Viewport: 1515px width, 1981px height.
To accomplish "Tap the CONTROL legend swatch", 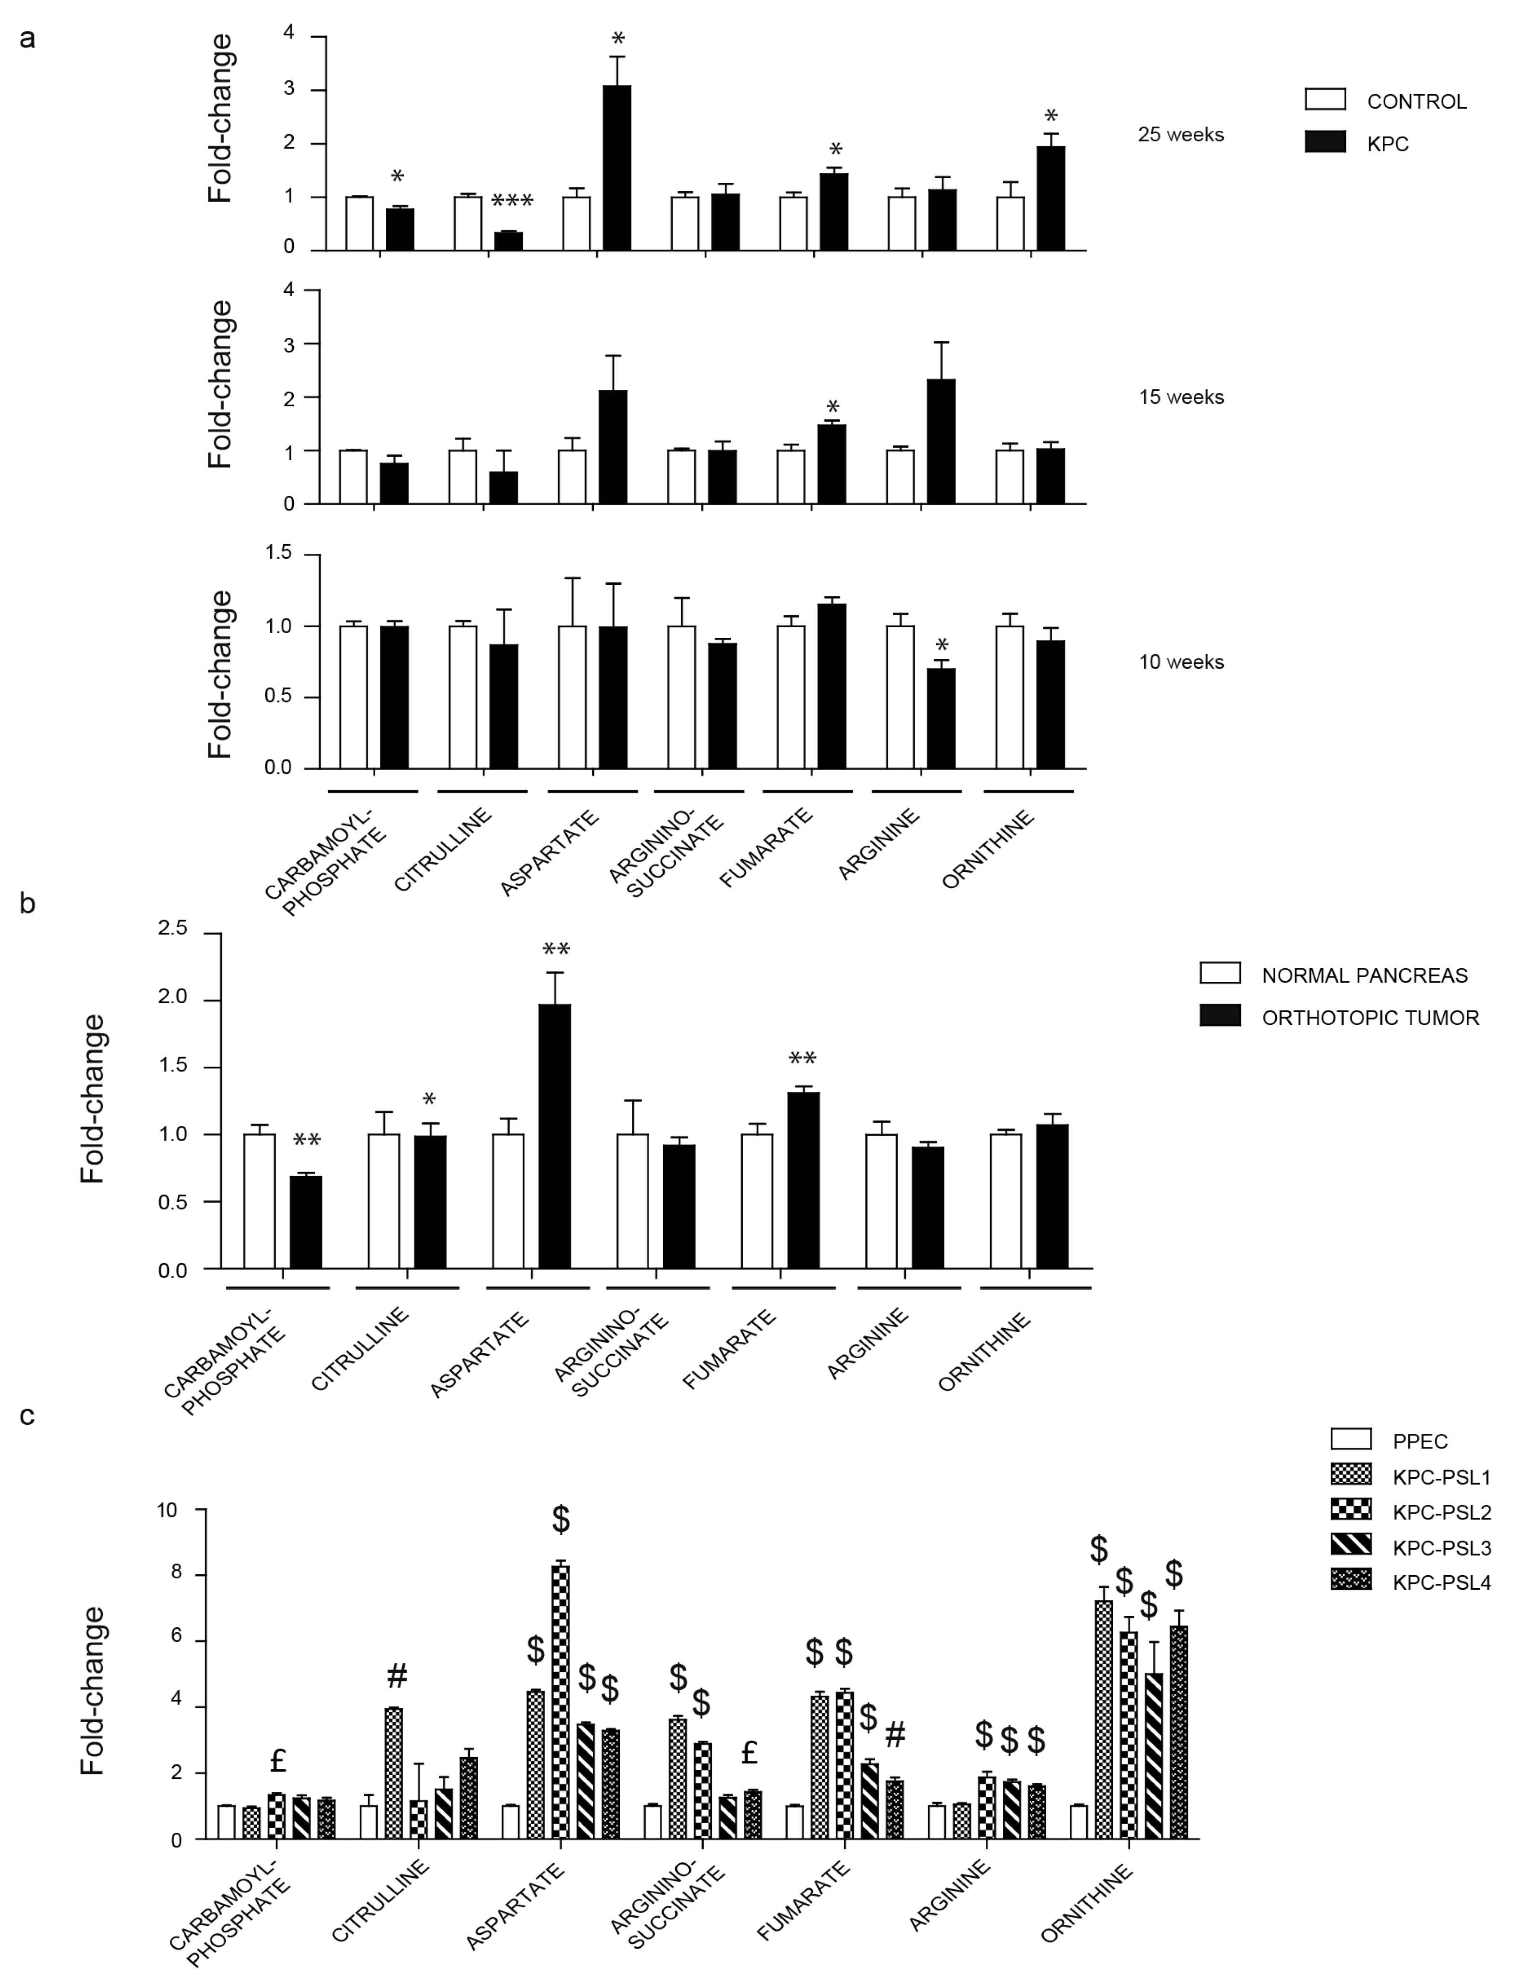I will click(1325, 99).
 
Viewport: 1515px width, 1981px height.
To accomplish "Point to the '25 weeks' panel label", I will click(1180, 135).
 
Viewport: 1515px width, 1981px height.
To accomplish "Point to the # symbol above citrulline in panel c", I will click(397, 1676).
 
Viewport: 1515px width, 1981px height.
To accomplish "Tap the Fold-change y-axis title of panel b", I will click(93, 1099).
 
